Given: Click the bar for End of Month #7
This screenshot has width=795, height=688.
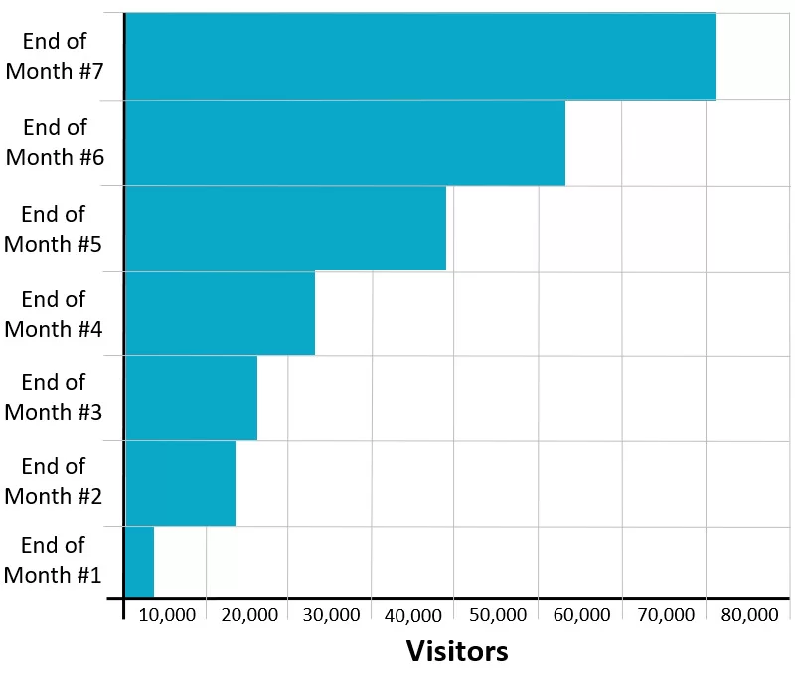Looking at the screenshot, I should coord(420,57).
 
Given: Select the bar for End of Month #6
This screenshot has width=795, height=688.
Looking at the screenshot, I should coord(345,143).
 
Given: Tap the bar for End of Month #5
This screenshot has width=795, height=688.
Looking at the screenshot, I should coord(285,229).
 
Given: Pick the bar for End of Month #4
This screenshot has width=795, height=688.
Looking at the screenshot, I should coord(220,313).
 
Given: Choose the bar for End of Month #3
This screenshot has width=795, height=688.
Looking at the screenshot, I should coord(191,398).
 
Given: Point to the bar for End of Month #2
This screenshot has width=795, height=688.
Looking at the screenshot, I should coord(180,483).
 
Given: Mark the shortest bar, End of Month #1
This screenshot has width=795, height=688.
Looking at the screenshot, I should coord(139,561).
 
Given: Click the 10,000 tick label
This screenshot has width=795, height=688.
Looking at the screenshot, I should coord(167,615).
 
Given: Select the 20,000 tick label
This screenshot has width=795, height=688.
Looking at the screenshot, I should coord(249,615).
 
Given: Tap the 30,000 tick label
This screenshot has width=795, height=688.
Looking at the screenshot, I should coord(332,615).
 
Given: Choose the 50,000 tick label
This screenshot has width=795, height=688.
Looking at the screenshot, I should coord(498,615).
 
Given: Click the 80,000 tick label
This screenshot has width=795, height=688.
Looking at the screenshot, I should coord(748,615).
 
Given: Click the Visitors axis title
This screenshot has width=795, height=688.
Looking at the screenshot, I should coord(457,651).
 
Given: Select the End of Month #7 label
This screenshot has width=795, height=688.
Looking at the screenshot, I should coord(55,57).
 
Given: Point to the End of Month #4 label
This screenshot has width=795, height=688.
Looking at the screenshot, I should coord(54,314).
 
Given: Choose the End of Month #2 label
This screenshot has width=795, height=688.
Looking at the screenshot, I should coord(54,481).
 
